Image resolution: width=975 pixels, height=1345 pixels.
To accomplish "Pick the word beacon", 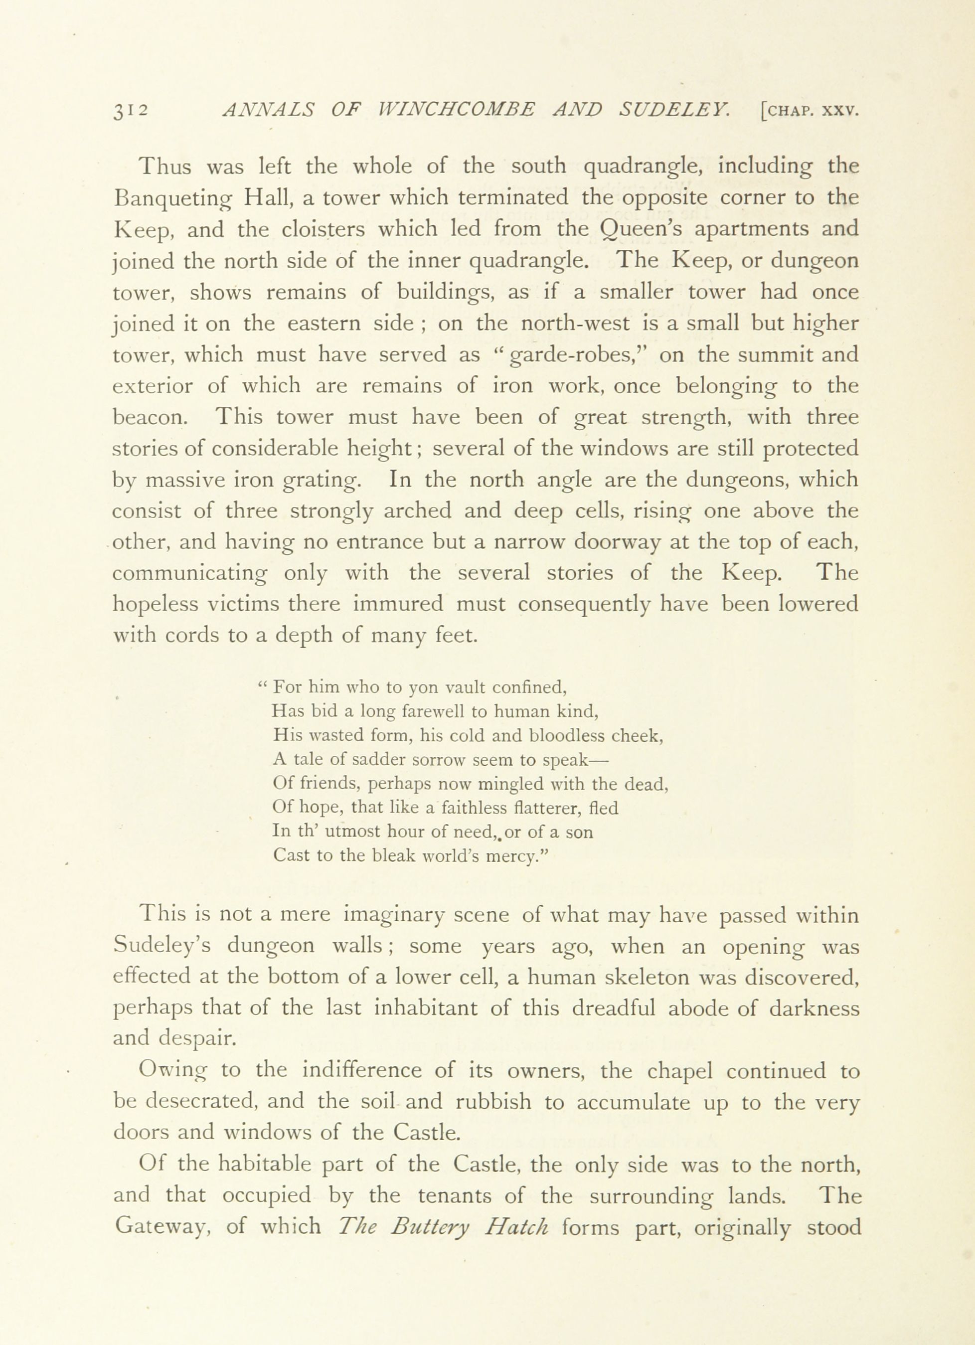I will point(150,417).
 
